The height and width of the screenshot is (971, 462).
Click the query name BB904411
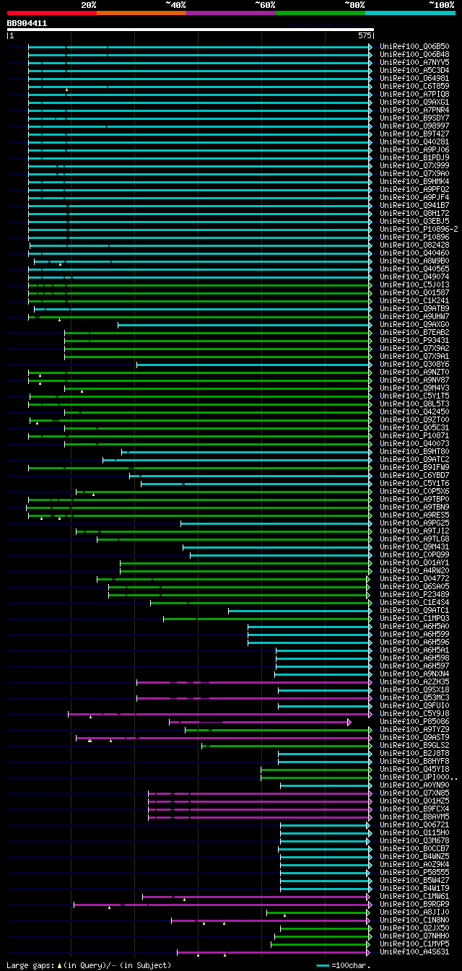[27, 23]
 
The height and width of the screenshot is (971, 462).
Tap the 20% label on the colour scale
[89, 5]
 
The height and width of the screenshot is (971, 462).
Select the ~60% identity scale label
[265, 5]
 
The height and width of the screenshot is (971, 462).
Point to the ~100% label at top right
[441, 5]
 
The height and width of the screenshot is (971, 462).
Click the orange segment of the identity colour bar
[141, 13]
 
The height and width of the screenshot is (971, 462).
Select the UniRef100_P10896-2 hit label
[419, 230]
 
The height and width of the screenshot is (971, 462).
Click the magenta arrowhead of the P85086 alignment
[349, 722]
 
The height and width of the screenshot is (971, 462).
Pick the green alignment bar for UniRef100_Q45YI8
[314, 770]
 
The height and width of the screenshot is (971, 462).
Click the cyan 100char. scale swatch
[323, 965]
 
